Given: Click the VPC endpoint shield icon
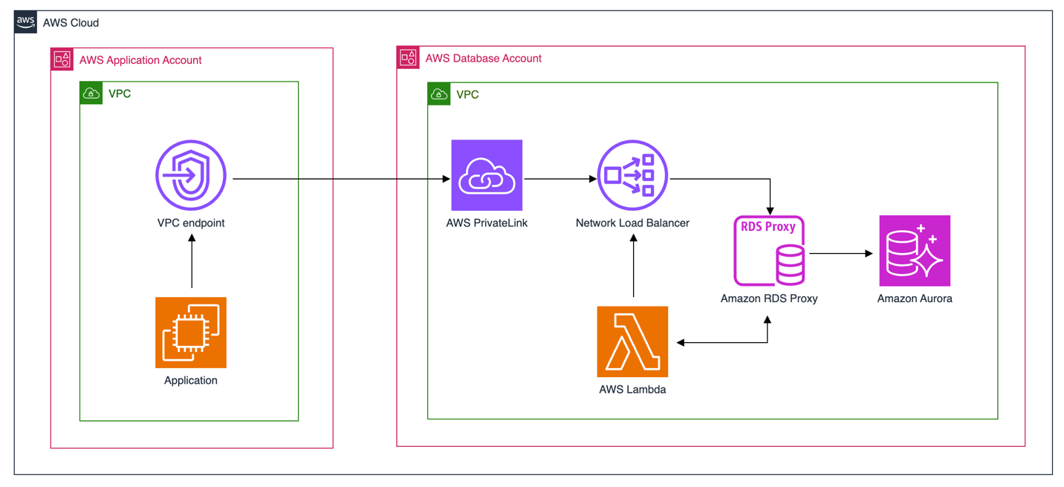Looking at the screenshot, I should [x=191, y=176].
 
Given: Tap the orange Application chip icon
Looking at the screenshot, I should [x=191, y=333].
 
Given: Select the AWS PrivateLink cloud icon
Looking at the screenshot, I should [x=487, y=175].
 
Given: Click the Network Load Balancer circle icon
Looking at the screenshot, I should [x=632, y=176].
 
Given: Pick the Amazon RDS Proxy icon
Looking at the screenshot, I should [x=769, y=251].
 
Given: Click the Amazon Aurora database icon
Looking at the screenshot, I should [x=915, y=251].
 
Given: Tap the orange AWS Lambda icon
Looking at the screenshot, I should [x=632, y=341].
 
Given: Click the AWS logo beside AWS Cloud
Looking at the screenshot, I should [x=26, y=22].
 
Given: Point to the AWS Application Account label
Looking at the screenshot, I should [x=140, y=60].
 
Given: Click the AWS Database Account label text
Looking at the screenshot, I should [x=483, y=58].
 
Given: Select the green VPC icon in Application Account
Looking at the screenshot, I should [x=91, y=94].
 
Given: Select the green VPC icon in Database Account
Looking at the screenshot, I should [x=439, y=94].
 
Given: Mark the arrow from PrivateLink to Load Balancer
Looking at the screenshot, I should [x=560, y=178].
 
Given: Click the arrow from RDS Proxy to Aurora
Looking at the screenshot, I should [x=840, y=254].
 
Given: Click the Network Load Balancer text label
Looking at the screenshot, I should [x=632, y=223].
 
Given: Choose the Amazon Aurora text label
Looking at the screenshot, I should [x=915, y=298].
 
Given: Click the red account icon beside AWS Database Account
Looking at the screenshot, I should [x=409, y=58].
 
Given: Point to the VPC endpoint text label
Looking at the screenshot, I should [x=191, y=223].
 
